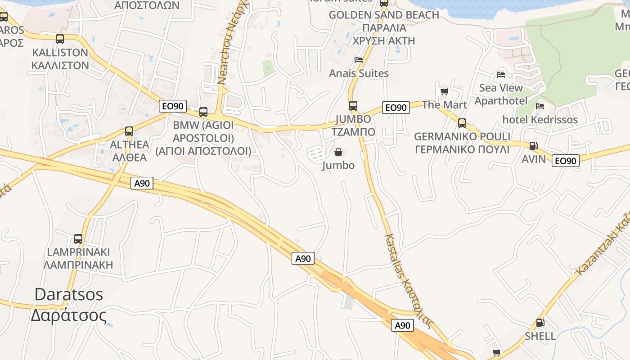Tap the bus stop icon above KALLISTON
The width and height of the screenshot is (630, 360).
pyautogui.click(x=60, y=39)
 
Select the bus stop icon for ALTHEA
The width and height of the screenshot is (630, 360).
pyautogui.click(x=129, y=131)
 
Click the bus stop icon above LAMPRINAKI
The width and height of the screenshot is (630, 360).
pyautogui.click(x=78, y=239)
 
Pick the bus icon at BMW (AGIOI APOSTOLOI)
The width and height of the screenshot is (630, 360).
pyautogui.click(x=203, y=112)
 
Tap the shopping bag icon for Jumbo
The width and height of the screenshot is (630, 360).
pyautogui.click(x=338, y=153)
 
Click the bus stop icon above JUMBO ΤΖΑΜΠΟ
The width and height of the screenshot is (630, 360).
pyautogui.click(x=353, y=106)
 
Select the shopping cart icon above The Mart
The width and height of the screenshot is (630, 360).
pyautogui.click(x=444, y=92)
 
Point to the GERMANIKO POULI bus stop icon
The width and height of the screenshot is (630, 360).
pyautogui.click(x=462, y=123)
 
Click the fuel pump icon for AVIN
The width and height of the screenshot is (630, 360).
pyautogui.click(x=533, y=146)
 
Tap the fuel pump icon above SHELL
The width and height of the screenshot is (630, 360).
pyautogui.click(x=540, y=323)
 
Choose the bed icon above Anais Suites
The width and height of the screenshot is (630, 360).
pyautogui.click(x=359, y=59)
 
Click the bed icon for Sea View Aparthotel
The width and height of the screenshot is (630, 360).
pyautogui.click(x=501, y=74)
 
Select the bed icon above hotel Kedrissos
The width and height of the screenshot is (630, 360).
pyautogui.click(x=540, y=106)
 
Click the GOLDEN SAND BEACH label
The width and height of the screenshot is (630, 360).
pyautogui.click(x=384, y=15)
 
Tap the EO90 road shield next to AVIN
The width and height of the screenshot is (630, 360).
pyautogui.click(x=566, y=161)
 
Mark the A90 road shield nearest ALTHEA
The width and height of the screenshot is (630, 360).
pyautogui.click(x=142, y=183)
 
